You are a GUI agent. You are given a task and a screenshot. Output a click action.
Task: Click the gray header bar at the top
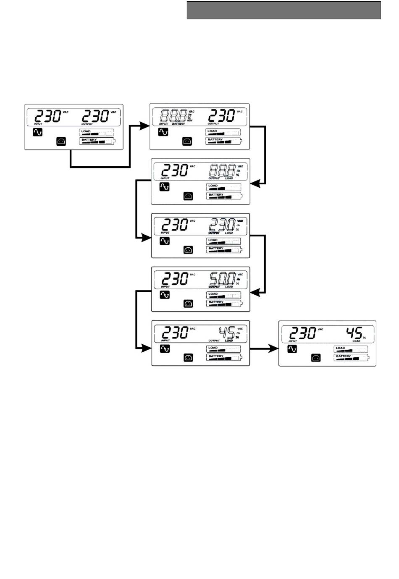coord(283,10)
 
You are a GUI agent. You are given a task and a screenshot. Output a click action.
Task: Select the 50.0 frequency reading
coord(222,278)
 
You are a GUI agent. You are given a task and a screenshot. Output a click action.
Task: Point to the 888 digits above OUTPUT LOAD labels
coord(222,170)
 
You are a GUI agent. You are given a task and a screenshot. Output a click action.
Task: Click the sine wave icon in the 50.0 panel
coord(165,295)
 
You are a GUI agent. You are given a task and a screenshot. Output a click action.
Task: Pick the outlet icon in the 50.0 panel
coord(189,304)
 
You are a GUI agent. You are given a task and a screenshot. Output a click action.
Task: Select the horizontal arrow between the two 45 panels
coord(264,348)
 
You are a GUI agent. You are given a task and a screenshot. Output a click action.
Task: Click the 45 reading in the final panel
coord(354,333)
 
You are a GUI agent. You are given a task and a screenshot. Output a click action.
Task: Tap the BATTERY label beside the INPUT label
coord(178,124)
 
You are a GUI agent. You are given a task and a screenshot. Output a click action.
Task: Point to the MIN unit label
coord(189,121)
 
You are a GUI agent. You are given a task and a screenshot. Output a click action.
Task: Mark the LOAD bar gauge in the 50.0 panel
coord(223,295)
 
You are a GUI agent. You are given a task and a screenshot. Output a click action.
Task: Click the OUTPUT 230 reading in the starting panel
coord(95,116)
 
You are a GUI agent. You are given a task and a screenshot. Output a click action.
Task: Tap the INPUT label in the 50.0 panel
coord(165,287)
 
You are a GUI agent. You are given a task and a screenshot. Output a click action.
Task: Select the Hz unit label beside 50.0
coord(239,279)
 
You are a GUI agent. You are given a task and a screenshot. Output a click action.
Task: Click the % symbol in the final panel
coord(364,338)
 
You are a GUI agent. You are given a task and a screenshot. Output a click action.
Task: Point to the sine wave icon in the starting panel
coord(37,133)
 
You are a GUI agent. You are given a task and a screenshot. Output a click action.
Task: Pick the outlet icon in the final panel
coord(316,358)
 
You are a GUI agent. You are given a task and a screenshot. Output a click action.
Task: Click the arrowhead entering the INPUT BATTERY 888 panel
coord(145,125)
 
